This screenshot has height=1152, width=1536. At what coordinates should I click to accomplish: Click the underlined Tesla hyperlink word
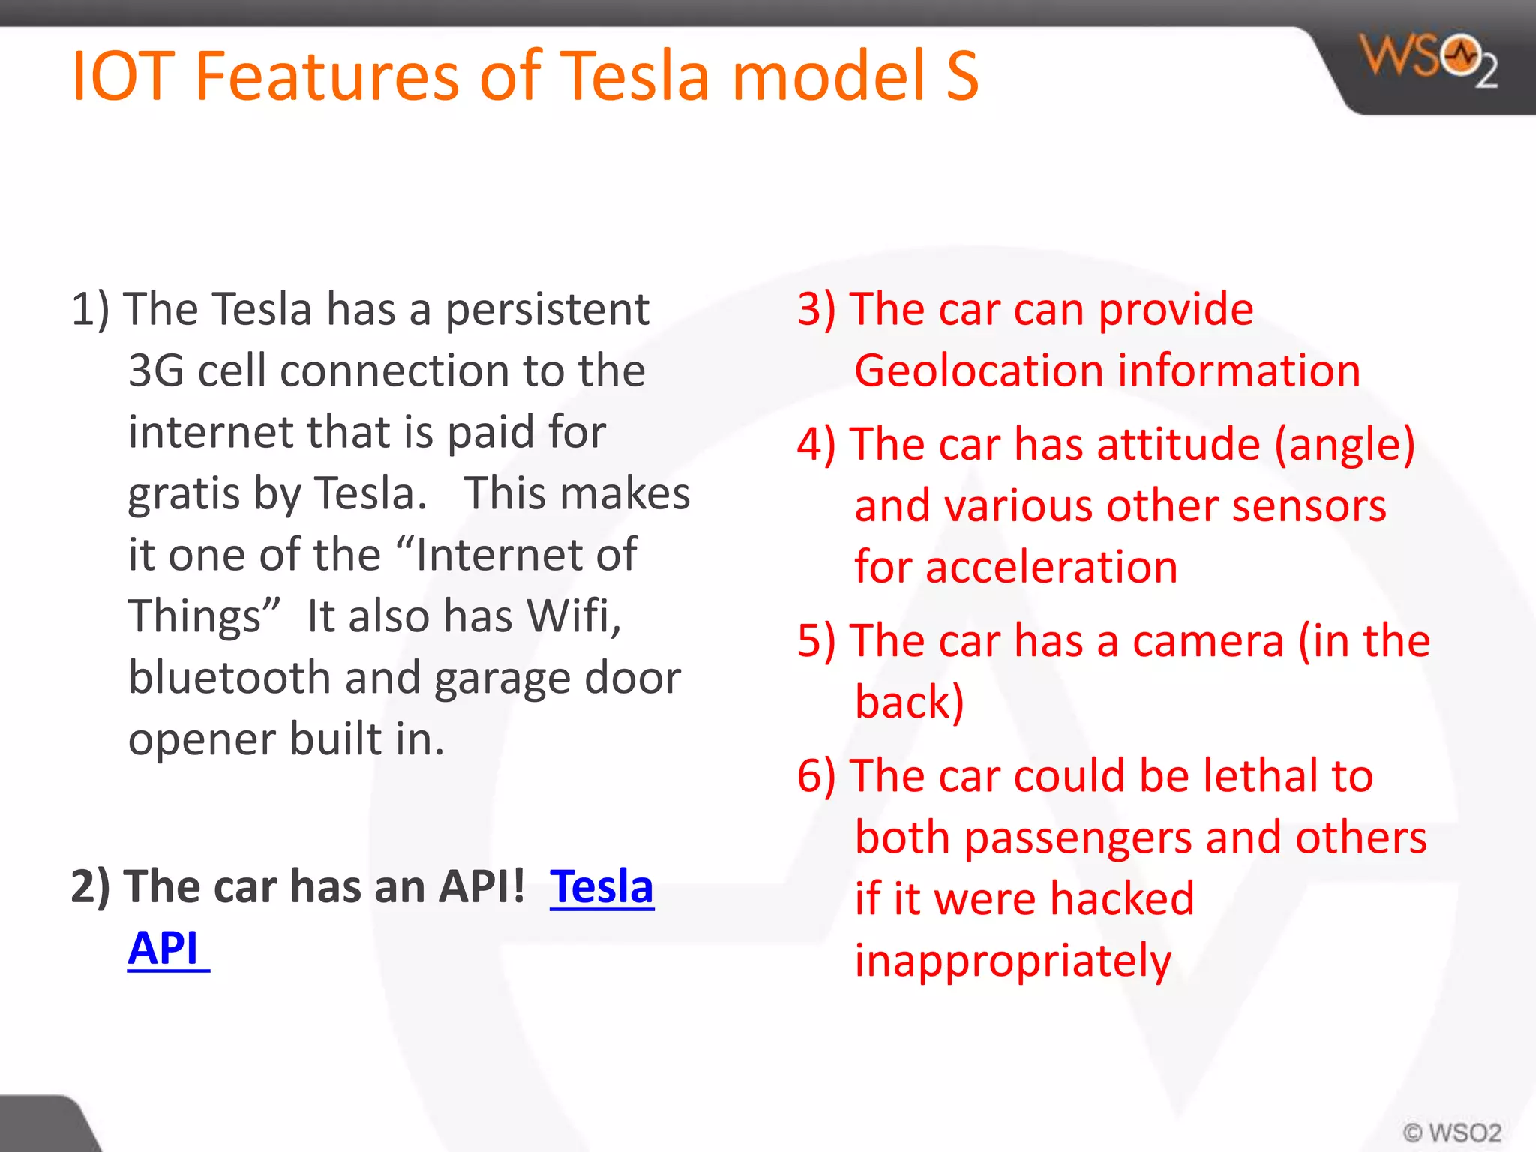[601, 887]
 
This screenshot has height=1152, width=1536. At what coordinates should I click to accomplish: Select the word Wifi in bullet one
[574, 616]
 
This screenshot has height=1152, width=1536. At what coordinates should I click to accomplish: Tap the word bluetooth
[229, 678]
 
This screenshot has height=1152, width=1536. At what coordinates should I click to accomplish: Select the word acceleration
[1051, 567]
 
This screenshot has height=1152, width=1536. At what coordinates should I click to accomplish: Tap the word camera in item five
[1208, 642]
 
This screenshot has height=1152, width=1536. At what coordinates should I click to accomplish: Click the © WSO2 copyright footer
[1452, 1132]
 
